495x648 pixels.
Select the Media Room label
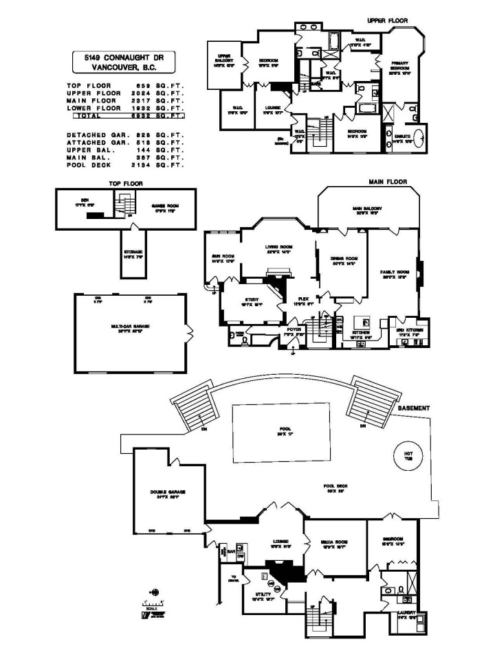click(x=333, y=541)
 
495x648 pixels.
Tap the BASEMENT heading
click(x=414, y=408)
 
